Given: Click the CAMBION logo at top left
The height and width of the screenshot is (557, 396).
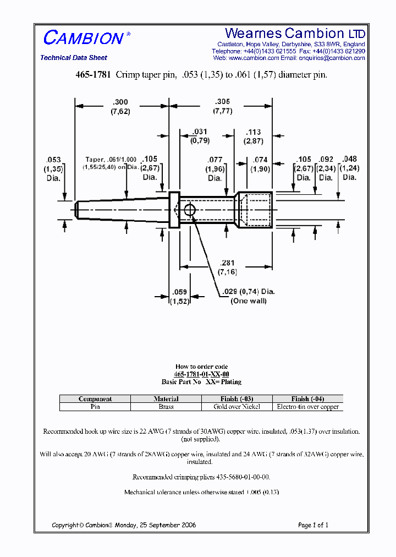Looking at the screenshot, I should click(x=84, y=38).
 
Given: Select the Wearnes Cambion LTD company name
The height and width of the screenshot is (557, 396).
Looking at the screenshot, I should click(x=295, y=33).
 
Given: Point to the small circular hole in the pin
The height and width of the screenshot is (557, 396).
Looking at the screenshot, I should click(x=190, y=210).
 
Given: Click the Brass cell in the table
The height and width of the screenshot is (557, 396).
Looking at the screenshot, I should click(x=166, y=407).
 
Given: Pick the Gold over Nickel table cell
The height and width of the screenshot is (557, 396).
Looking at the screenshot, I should click(x=237, y=407).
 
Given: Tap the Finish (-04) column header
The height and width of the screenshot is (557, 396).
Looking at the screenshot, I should click(x=307, y=398).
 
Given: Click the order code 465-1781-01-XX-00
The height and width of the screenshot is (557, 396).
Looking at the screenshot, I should click(x=201, y=374).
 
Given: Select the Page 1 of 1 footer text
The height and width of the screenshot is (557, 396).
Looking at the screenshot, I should click(x=313, y=525).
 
